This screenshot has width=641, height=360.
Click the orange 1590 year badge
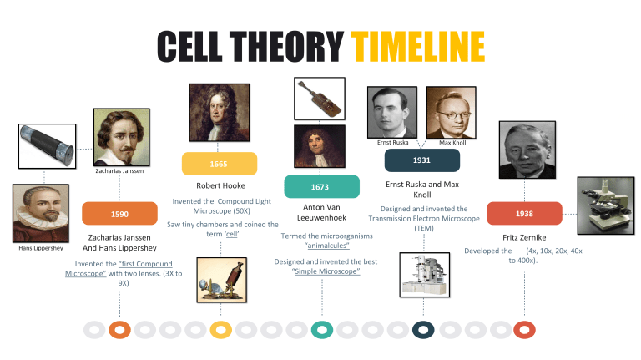[120, 214]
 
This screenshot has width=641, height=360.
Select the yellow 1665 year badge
[220, 164]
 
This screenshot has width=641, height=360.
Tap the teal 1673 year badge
[321, 186]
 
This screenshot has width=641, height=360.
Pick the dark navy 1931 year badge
[422, 160]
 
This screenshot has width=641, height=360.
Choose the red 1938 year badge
[524, 213]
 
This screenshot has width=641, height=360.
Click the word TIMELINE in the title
[418, 47]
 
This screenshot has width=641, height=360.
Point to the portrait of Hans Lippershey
[41, 213]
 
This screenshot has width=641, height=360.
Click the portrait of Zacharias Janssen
[121, 137]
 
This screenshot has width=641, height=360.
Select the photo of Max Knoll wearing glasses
[452, 113]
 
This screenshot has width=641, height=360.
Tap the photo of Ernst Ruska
[392, 112]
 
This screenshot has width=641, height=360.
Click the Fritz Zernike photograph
[527, 150]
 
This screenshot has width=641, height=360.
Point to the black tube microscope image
[47, 146]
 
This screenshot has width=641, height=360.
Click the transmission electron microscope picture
[424, 275]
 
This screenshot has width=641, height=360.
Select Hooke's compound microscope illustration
[221, 280]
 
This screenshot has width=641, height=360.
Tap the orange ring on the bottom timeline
[120, 330]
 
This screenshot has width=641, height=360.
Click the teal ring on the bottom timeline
[322, 330]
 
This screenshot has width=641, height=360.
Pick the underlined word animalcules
[328, 246]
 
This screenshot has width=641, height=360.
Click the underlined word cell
[232, 234]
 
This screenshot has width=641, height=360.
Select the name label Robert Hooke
[220, 185]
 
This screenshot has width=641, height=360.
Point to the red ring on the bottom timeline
[524, 330]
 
